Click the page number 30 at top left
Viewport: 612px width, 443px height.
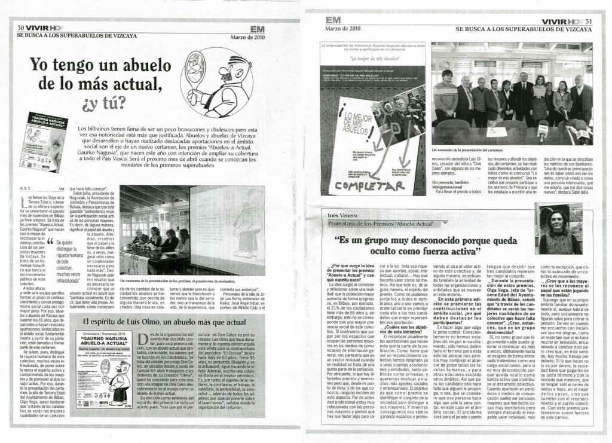click(20, 28)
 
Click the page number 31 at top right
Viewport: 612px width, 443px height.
click(589, 22)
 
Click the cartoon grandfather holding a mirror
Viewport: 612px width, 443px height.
click(216, 82)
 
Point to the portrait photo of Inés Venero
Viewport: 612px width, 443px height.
click(557, 228)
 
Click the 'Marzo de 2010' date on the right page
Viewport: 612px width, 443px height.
click(342, 28)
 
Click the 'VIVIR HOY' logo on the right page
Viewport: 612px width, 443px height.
click(561, 22)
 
